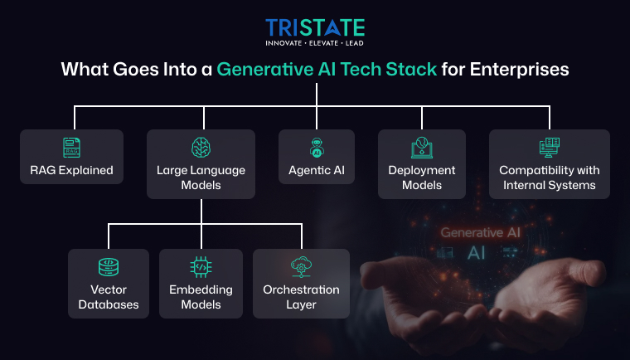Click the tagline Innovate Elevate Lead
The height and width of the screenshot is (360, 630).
click(315, 42)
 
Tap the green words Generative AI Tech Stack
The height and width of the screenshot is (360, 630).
click(327, 70)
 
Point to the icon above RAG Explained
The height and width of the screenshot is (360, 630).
click(72, 148)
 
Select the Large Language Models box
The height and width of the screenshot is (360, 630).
click(201, 163)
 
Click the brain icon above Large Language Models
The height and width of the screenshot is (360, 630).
click(201, 148)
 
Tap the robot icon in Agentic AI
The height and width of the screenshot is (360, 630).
click(316, 148)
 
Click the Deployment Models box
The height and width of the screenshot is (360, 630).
click(422, 163)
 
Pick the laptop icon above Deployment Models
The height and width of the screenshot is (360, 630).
click(422, 148)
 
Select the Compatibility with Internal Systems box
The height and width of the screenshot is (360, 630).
click(549, 163)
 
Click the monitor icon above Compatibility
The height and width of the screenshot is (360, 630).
click(549, 148)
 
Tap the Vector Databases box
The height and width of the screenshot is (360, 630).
click(109, 283)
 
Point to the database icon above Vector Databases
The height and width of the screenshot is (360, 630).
click(109, 267)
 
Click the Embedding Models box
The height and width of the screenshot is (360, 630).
click(201, 283)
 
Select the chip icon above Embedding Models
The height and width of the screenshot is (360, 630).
click(201, 267)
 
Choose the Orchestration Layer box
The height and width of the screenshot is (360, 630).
click(301, 283)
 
